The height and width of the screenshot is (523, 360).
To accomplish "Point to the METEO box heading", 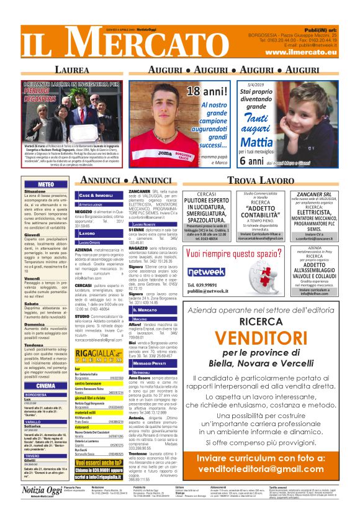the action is pos(45,184).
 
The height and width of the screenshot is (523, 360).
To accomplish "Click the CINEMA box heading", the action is pos(46,385).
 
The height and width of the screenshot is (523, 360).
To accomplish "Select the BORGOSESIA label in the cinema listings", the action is pos(36,394).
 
